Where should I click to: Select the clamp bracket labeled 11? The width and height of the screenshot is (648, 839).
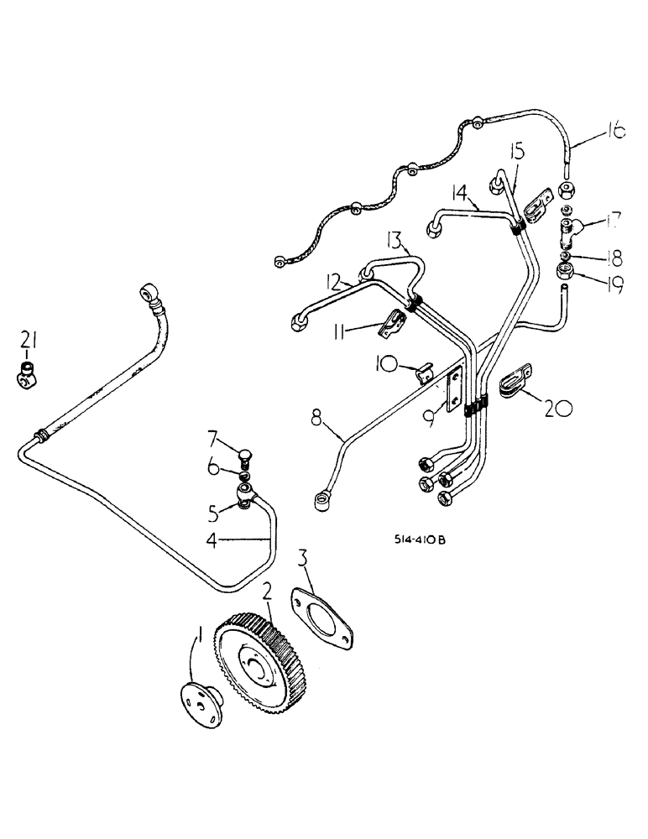(x=391, y=326)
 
